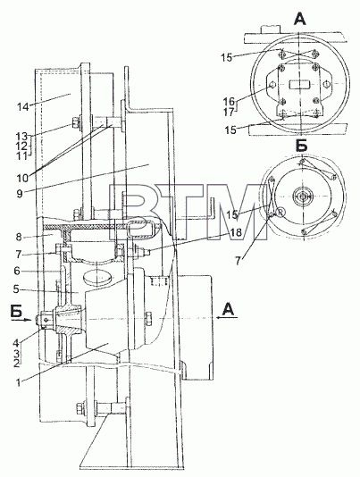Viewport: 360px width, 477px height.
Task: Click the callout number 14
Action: click(x=22, y=107)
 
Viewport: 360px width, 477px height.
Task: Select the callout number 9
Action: click(x=20, y=194)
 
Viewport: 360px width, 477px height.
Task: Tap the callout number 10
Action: click(x=22, y=178)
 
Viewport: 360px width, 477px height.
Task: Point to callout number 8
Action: click(x=19, y=237)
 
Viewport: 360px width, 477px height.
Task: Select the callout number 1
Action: click(x=19, y=382)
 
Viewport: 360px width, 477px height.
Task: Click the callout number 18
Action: click(x=236, y=233)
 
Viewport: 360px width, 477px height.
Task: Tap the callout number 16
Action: click(x=229, y=100)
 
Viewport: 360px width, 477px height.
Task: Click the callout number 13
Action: click(x=22, y=136)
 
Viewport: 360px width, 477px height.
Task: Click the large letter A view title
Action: click(x=299, y=19)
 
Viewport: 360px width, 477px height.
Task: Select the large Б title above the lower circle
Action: click(x=301, y=146)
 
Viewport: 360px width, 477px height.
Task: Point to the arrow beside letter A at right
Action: click(x=227, y=318)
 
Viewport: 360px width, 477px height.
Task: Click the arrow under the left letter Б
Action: click(x=21, y=320)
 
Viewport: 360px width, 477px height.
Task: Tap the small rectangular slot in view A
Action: click(x=299, y=84)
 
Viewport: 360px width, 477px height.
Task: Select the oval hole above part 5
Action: click(x=97, y=278)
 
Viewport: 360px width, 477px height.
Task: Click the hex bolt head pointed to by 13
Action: click(x=75, y=123)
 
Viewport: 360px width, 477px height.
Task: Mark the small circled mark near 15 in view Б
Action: click(x=280, y=212)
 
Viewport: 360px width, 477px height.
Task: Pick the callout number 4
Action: click(x=16, y=343)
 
